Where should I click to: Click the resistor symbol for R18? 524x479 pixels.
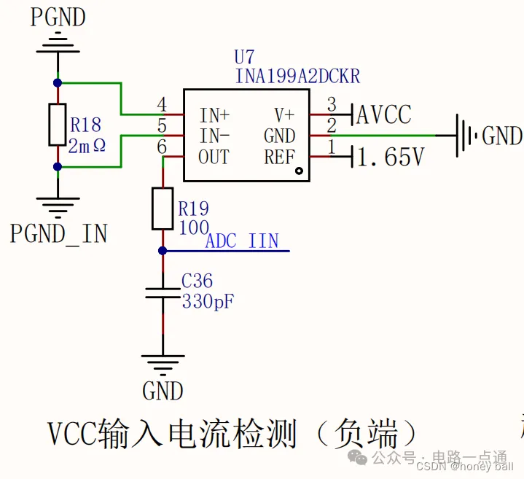[x=58, y=125]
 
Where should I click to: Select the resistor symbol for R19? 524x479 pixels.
[x=163, y=209]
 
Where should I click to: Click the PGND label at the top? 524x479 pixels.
[x=58, y=17]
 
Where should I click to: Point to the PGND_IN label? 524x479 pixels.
[x=58, y=233]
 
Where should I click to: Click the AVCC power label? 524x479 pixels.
[x=383, y=114]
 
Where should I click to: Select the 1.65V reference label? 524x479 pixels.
[x=389, y=157]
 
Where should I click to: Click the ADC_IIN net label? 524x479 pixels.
[x=242, y=241]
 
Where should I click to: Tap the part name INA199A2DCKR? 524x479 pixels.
[x=297, y=76]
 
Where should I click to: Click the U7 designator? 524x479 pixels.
[x=246, y=58]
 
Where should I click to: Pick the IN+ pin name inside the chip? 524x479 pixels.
[x=214, y=114]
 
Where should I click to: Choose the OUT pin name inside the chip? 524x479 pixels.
[x=214, y=157]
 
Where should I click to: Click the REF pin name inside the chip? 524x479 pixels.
[x=279, y=157]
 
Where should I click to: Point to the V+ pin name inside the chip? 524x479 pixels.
[x=284, y=114]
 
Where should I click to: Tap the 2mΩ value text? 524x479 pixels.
[x=87, y=145]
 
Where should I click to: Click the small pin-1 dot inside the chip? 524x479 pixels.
[x=299, y=171]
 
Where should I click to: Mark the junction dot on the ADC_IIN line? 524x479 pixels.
[x=163, y=251]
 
